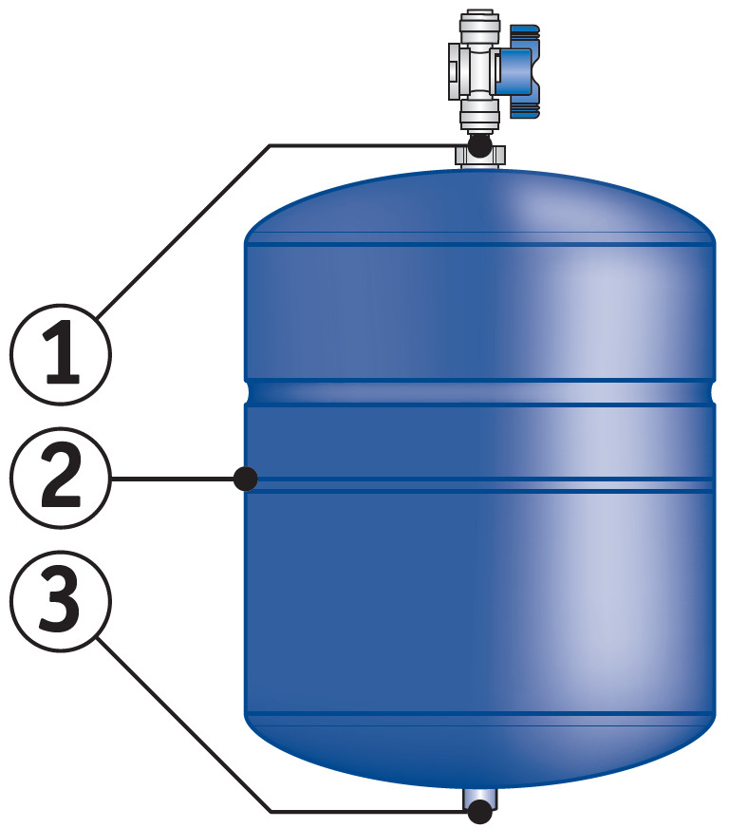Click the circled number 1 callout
point(61,354)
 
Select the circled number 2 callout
point(61,478)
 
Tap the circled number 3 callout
point(61,601)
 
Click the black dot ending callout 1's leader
point(479,145)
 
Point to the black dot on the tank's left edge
point(246,479)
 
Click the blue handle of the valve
point(518,71)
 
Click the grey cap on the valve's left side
point(456,71)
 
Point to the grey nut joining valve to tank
point(480,157)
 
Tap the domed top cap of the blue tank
point(480,206)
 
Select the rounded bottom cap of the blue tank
point(480,751)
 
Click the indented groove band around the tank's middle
point(480,392)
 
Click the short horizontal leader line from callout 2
point(173,479)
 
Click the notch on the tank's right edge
point(713,392)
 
